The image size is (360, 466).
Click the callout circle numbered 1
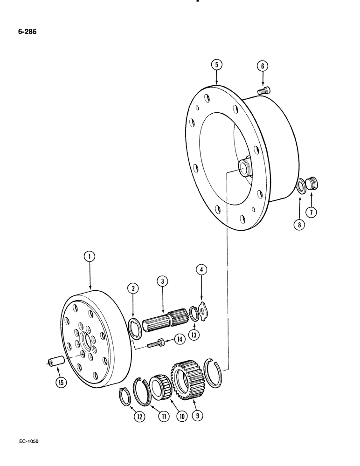click(x=90, y=256)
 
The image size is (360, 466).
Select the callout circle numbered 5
click(x=216, y=65)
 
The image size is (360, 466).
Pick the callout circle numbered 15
click(x=60, y=383)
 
